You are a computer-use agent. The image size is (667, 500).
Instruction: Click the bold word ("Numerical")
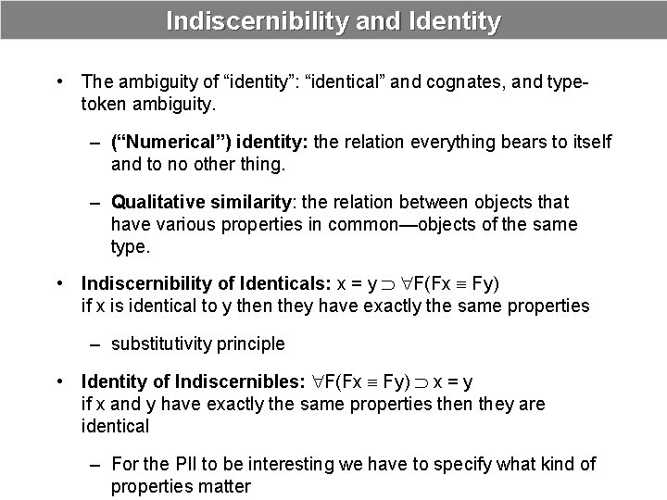click(171, 143)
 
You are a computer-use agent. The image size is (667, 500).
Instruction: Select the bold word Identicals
click(281, 283)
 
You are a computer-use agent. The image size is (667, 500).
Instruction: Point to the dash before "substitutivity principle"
click(95, 344)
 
